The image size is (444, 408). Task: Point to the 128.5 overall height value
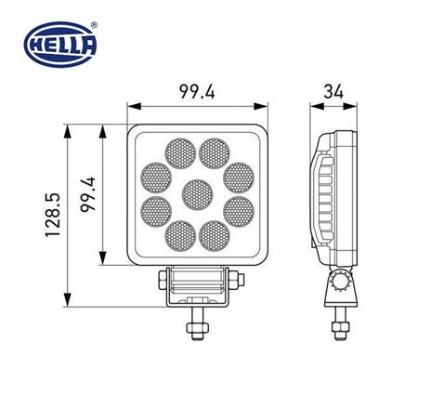tap(52, 216)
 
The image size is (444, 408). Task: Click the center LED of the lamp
tap(195, 194)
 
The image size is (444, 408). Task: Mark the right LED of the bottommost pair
tap(214, 236)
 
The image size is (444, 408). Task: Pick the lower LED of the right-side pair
tap(239, 211)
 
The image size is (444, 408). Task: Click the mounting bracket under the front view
tap(196, 287)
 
